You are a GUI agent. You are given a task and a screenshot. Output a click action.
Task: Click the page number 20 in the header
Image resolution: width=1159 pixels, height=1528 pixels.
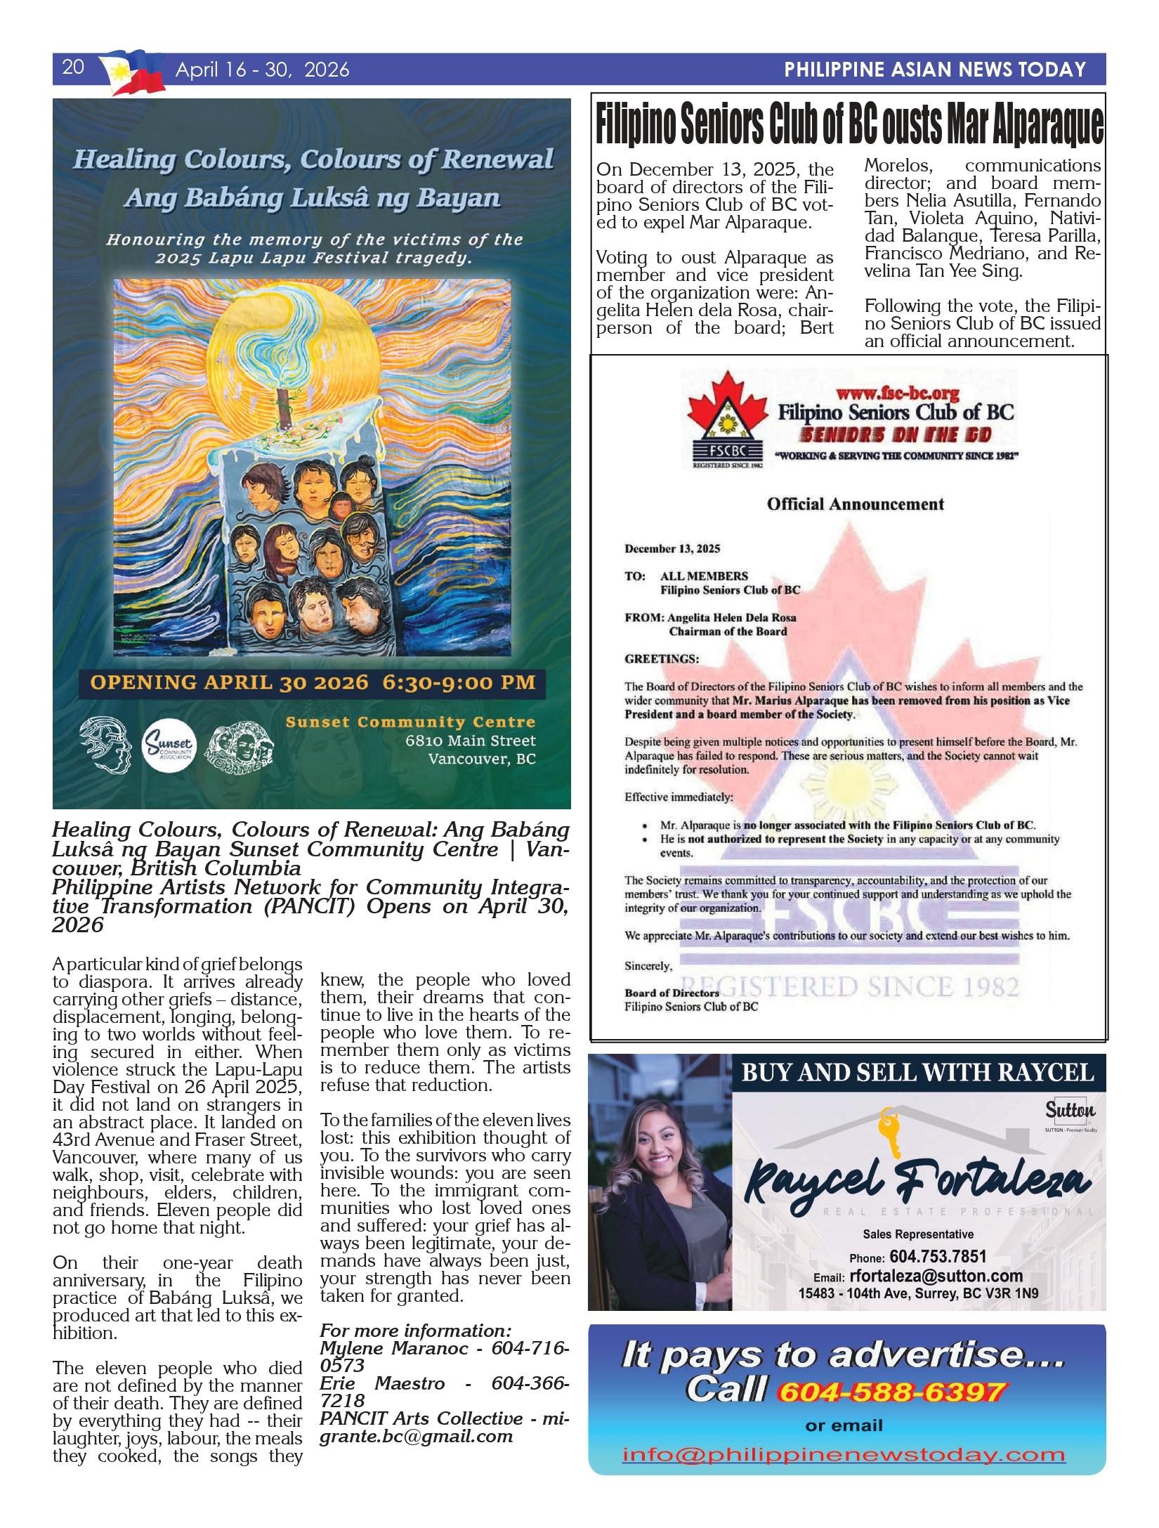click(73, 67)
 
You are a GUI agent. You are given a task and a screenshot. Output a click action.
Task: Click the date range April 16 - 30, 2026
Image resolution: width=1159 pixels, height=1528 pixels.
click(262, 70)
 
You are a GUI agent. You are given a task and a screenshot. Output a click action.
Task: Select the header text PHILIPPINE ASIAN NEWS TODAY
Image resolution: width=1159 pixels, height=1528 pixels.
click(934, 70)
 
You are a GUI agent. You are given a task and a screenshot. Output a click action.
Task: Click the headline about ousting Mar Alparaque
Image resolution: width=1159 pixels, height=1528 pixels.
click(849, 124)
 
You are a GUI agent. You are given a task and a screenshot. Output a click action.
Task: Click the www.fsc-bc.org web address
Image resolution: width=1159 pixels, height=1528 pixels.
click(897, 393)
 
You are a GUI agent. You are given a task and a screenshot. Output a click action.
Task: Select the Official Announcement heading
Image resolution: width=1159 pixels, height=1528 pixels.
click(855, 504)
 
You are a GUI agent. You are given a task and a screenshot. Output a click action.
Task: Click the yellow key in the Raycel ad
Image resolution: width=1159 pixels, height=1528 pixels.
click(890, 1131)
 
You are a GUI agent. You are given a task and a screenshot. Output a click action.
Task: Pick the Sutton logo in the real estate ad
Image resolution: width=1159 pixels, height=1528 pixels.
click(1070, 1111)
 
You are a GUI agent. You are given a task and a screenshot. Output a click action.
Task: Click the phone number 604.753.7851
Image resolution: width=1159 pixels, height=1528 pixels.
click(937, 1257)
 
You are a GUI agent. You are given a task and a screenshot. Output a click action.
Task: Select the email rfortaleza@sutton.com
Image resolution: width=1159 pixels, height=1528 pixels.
click(936, 1276)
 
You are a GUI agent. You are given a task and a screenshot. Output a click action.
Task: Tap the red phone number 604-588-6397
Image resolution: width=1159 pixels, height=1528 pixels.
click(892, 1392)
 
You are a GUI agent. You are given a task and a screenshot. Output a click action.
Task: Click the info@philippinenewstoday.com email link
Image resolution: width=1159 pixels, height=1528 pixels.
click(844, 1454)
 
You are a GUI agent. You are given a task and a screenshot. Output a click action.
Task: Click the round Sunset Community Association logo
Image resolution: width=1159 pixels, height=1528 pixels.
click(169, 745)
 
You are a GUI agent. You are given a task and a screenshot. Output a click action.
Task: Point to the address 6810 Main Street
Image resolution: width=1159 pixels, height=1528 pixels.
click(470, 740)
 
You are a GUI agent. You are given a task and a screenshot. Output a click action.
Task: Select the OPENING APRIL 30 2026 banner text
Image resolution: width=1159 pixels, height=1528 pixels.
click(313, 683)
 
